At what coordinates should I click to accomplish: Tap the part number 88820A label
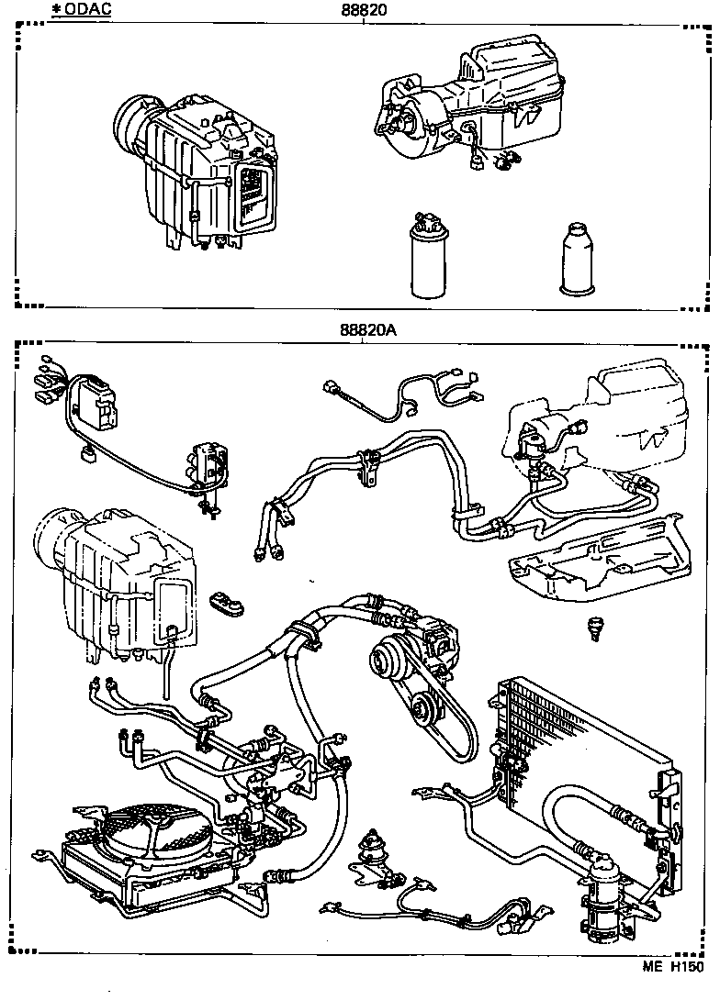click(366, 329)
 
